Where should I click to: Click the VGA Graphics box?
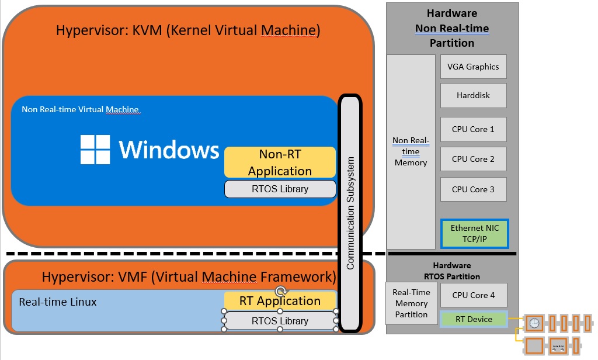click(x=473, y=67)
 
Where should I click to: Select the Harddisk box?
click(x=473, y=95)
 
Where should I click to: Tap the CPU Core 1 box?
click(x=473, y=129)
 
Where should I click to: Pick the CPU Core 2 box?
click(x=473, y=159)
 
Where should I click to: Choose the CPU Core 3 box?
click(x=473, y=189)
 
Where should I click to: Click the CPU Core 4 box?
click(x=473, y=295)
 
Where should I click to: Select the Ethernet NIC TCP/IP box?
click(x=475, y=234)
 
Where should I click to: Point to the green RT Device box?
click(x=474, y=319)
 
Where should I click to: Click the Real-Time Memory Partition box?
click(x=411, y=303)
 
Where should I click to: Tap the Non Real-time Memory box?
click(x=411, y=152)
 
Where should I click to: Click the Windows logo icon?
click(x=95, y=150)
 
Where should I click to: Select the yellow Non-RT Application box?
click(x=280, y=162)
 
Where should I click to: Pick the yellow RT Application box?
click(x=280, y=301)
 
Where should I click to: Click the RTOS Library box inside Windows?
click(x=280, y=189)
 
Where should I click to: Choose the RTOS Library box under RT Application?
click(x=280, y=321)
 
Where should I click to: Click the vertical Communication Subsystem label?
click(x=350, y=213)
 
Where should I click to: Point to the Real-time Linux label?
click(x=58, y=302)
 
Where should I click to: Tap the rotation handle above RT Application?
click(x=281, y=291)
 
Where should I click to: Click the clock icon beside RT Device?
click(x=534, y=323)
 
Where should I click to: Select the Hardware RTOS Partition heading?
click(x=452, y=271)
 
